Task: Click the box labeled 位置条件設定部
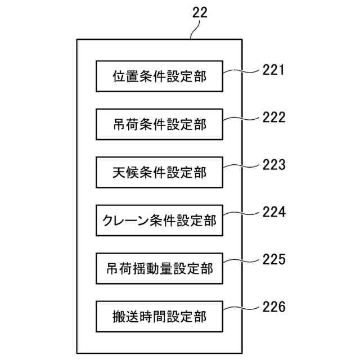click(x=159, y=76)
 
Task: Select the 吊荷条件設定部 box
click(x=159, y=124)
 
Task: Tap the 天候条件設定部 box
click(x=159, y=172)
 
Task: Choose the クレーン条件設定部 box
click(x=159, y=220)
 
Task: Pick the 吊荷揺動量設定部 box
click(x=159, y=268)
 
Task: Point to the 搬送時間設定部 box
click(x=159, y=317)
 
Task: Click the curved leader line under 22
click(x=195, y=30)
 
